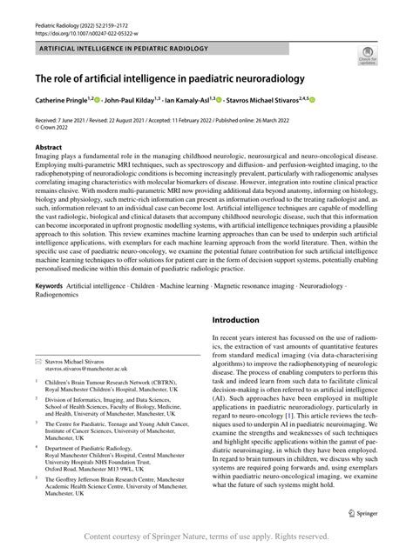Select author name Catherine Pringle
coord(63,101)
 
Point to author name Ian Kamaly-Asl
coord(209,101)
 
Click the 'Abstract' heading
coord(49,147)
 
